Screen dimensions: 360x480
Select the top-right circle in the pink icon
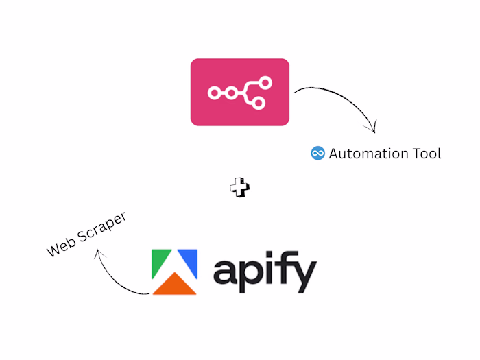coord(265,82)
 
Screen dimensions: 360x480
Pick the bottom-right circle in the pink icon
coord(259,104)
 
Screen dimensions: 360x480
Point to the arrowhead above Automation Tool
coord(373,128)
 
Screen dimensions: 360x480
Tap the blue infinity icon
coord(317,154)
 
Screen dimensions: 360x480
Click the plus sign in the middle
coord(239,187)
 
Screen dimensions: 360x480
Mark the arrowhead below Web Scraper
coord(99,253)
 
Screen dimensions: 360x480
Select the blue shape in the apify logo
coord(189,263)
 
